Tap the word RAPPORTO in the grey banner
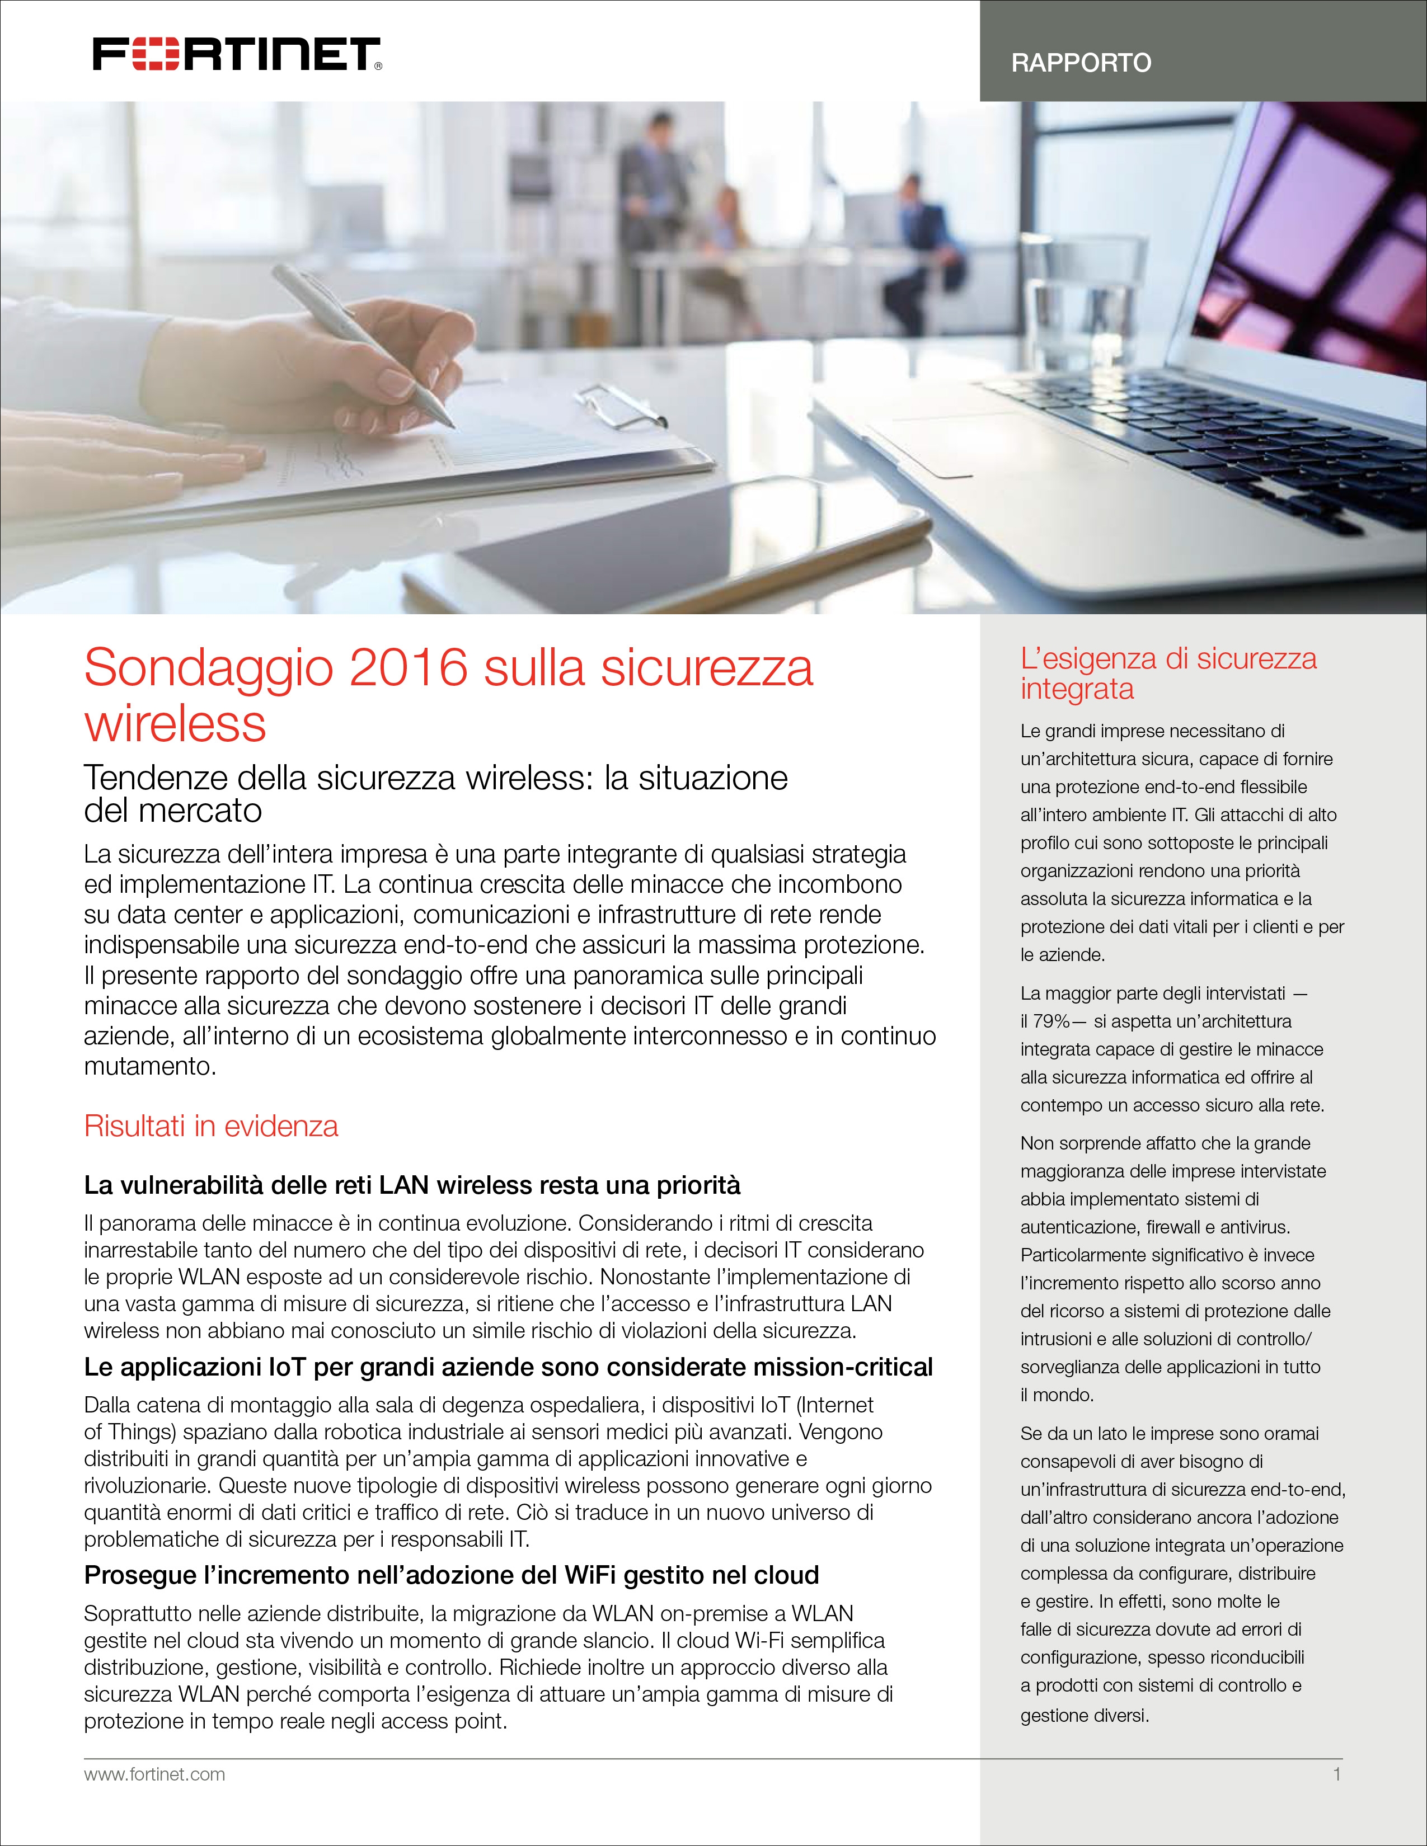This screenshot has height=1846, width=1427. [1081, 63]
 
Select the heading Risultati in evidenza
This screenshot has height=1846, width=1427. [210, 1126]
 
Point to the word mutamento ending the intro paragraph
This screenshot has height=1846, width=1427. [149, 1067]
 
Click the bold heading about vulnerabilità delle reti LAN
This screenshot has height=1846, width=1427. [412, 1185]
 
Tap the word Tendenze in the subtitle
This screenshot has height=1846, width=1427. [152, 778]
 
